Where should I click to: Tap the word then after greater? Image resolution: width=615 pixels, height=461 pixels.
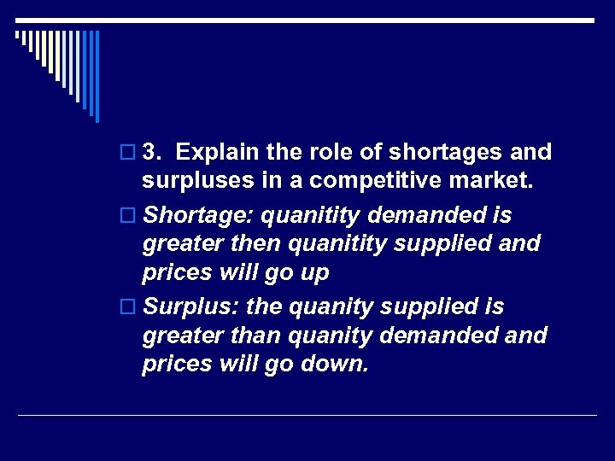254,245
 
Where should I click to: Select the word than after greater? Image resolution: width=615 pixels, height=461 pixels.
255,336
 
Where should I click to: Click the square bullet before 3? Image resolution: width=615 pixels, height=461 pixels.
128,153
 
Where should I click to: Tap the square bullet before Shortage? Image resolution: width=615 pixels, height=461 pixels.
128,214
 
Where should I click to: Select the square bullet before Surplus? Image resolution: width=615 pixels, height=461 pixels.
128,306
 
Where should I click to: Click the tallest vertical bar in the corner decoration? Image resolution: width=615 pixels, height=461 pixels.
97,76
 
